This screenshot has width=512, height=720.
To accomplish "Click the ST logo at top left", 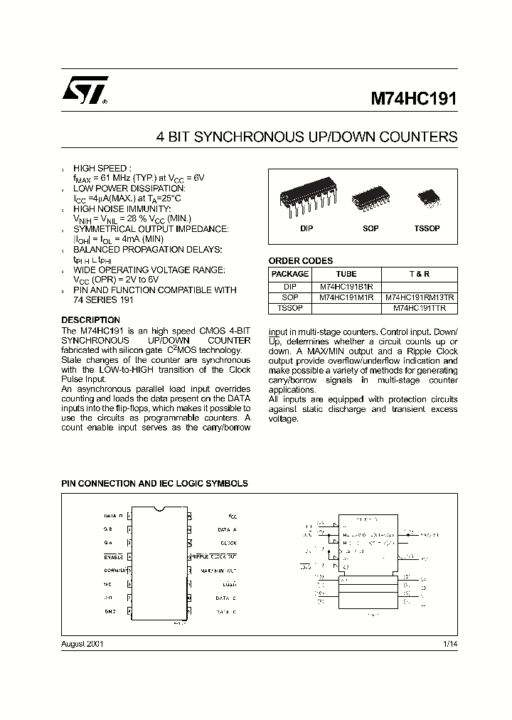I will (84, 92).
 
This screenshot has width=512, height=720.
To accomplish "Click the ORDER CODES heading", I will (300, 261).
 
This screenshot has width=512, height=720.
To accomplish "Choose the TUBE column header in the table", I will (346, 274).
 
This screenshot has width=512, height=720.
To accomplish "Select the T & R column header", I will (420, 274).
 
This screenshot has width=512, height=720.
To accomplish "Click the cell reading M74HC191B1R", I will (346, 286).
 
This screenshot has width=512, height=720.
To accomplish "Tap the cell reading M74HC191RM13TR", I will (420, 297).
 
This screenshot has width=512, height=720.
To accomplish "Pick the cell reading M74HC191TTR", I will (420, 308).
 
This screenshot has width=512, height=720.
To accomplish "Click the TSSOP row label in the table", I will (290, 308).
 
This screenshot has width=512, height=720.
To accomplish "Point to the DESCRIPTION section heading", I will (90, 320).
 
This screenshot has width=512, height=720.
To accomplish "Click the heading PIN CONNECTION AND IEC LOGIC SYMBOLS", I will (154, 484).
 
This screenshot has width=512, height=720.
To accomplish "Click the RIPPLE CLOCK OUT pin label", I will (213, 556).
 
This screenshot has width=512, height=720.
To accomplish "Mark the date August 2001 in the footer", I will (82, 643).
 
